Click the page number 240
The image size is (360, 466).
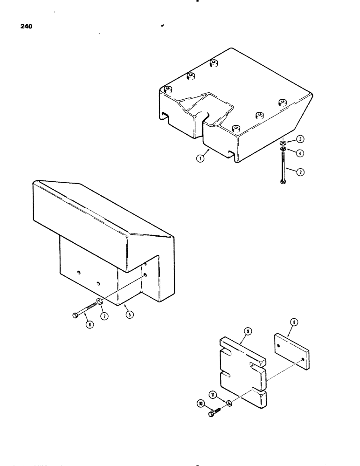coord(27,27)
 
